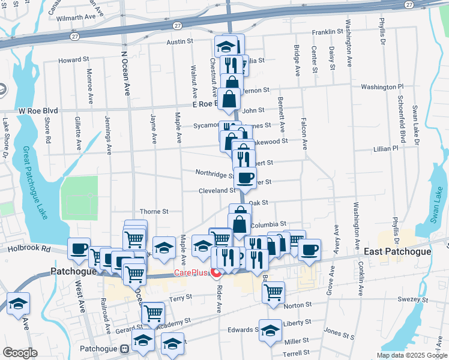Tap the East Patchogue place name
pos(397,251)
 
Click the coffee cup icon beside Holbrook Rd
pos(79,248)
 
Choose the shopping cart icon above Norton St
pos(273,292)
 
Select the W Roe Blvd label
pos(38,111)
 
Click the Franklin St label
pos(327,32)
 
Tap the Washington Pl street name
pos(382,87)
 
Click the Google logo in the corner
pos(20,353)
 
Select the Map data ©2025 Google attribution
pos(411,355)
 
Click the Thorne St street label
pos(154,212)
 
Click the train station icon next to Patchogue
pos(124,348)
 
